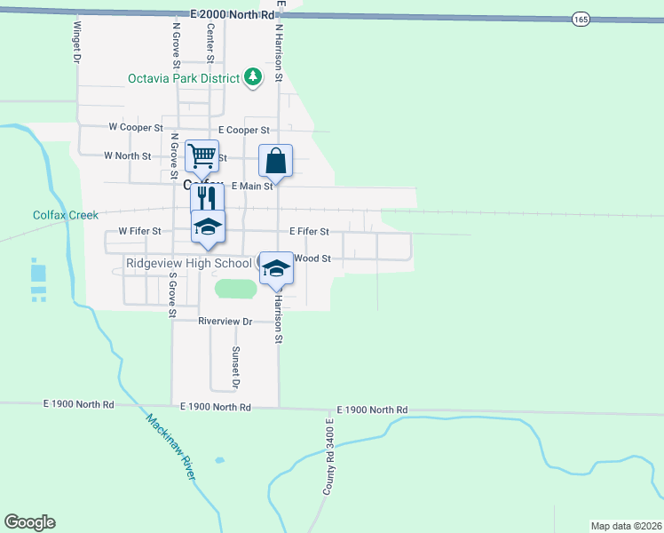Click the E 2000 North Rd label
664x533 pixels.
(233, 16)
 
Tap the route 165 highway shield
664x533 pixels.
(581, 19)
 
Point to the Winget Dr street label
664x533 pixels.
(77, 42)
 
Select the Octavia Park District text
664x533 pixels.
(184, 78)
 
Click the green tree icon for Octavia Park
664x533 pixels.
(254, 77)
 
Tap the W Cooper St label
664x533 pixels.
(135, 128)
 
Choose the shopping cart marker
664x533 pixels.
(202, 156)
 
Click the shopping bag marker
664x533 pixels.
(275, 162)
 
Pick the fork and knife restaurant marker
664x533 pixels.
(207, 197)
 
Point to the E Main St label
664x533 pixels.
(252, 187)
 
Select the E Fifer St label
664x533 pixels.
(309, 232)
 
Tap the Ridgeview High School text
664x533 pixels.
(188, 263)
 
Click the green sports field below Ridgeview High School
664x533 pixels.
(235, 288)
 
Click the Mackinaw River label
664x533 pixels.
(171, 448)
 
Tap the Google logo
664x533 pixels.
(29, 522)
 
